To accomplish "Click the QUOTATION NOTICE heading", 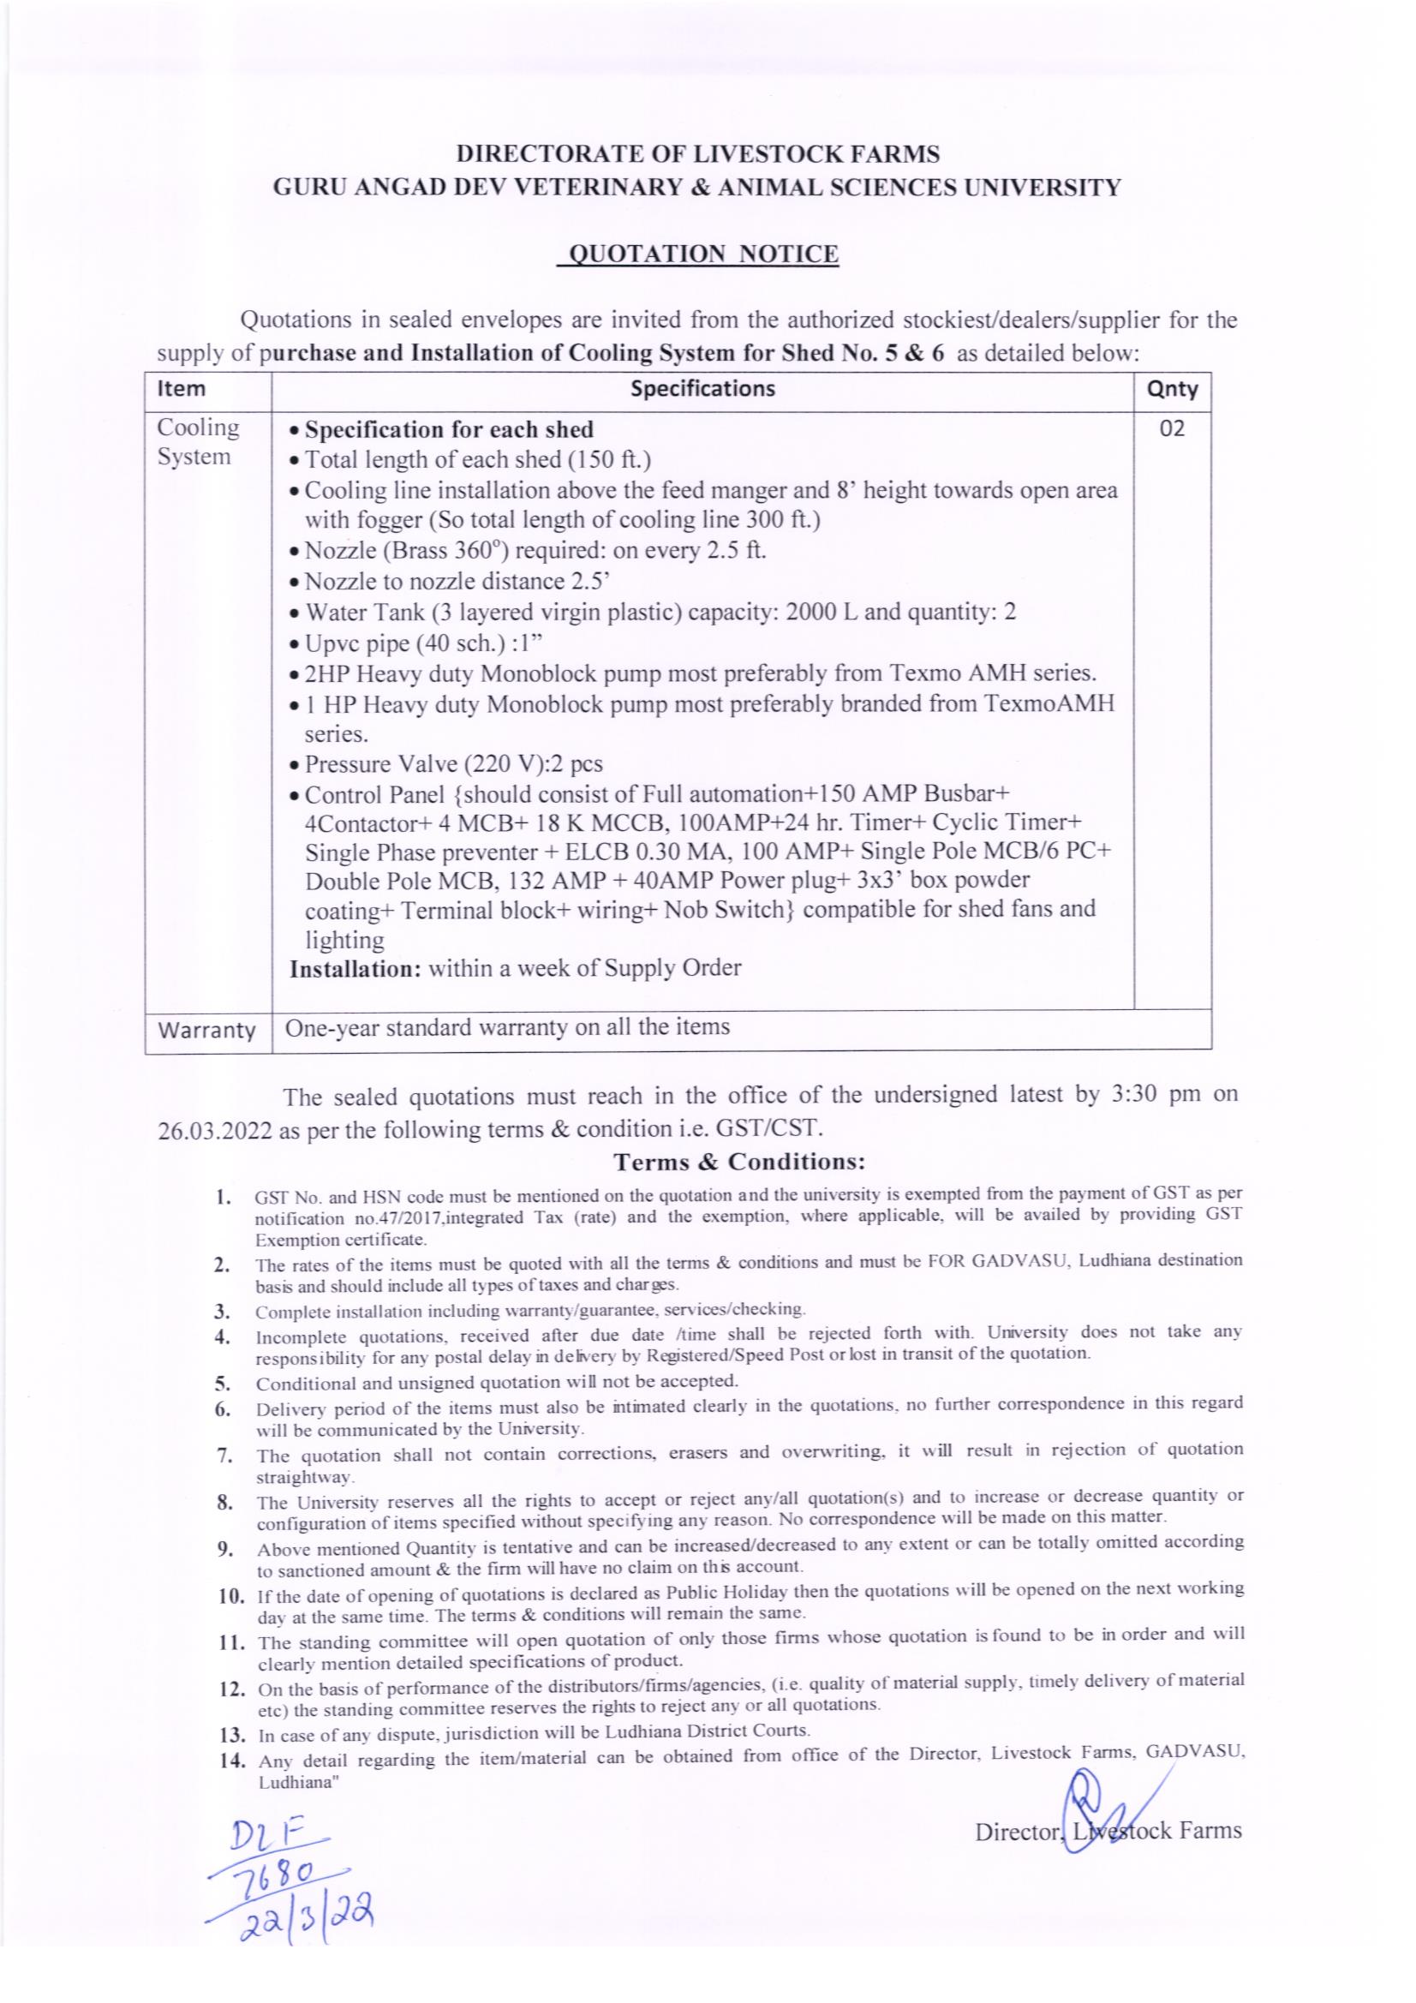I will (702, 254).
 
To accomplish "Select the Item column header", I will (182, 389).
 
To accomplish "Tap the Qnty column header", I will (1172, 389).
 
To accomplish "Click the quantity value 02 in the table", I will (1172, 429).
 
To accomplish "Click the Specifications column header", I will (702, 388).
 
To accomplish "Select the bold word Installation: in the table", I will (355, 968).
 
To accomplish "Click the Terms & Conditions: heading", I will (739, 1162).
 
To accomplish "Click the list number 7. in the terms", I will (223, 1453).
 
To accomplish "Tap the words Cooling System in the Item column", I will (198, 442).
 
